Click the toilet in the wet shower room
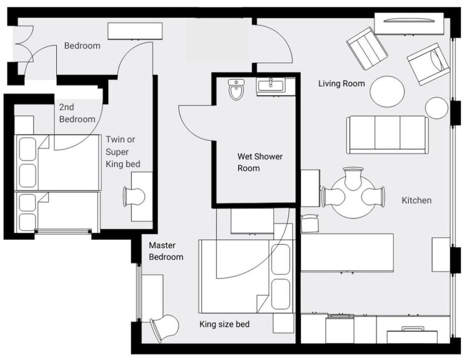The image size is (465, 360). tap(236, 89)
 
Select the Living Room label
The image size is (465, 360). tap(342, 83)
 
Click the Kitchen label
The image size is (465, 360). tap(416, 201)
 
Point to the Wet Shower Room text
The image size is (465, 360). tap(260, 162)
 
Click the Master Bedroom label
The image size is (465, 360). tap(166, 251)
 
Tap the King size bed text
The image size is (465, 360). tap(225, 324)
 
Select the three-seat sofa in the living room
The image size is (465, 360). tap(388, 135)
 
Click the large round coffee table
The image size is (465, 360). tap(388, 91)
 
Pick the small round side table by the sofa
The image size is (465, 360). tap(436, 108)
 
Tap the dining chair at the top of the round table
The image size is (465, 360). tap(353, 178)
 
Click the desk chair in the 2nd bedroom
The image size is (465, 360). tap(134, 196)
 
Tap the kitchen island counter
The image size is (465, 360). tap(347, 252)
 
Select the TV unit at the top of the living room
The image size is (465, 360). tap(409, 23)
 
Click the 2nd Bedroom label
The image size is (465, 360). tap(77, 113)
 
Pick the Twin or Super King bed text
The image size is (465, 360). tap(123, 151)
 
